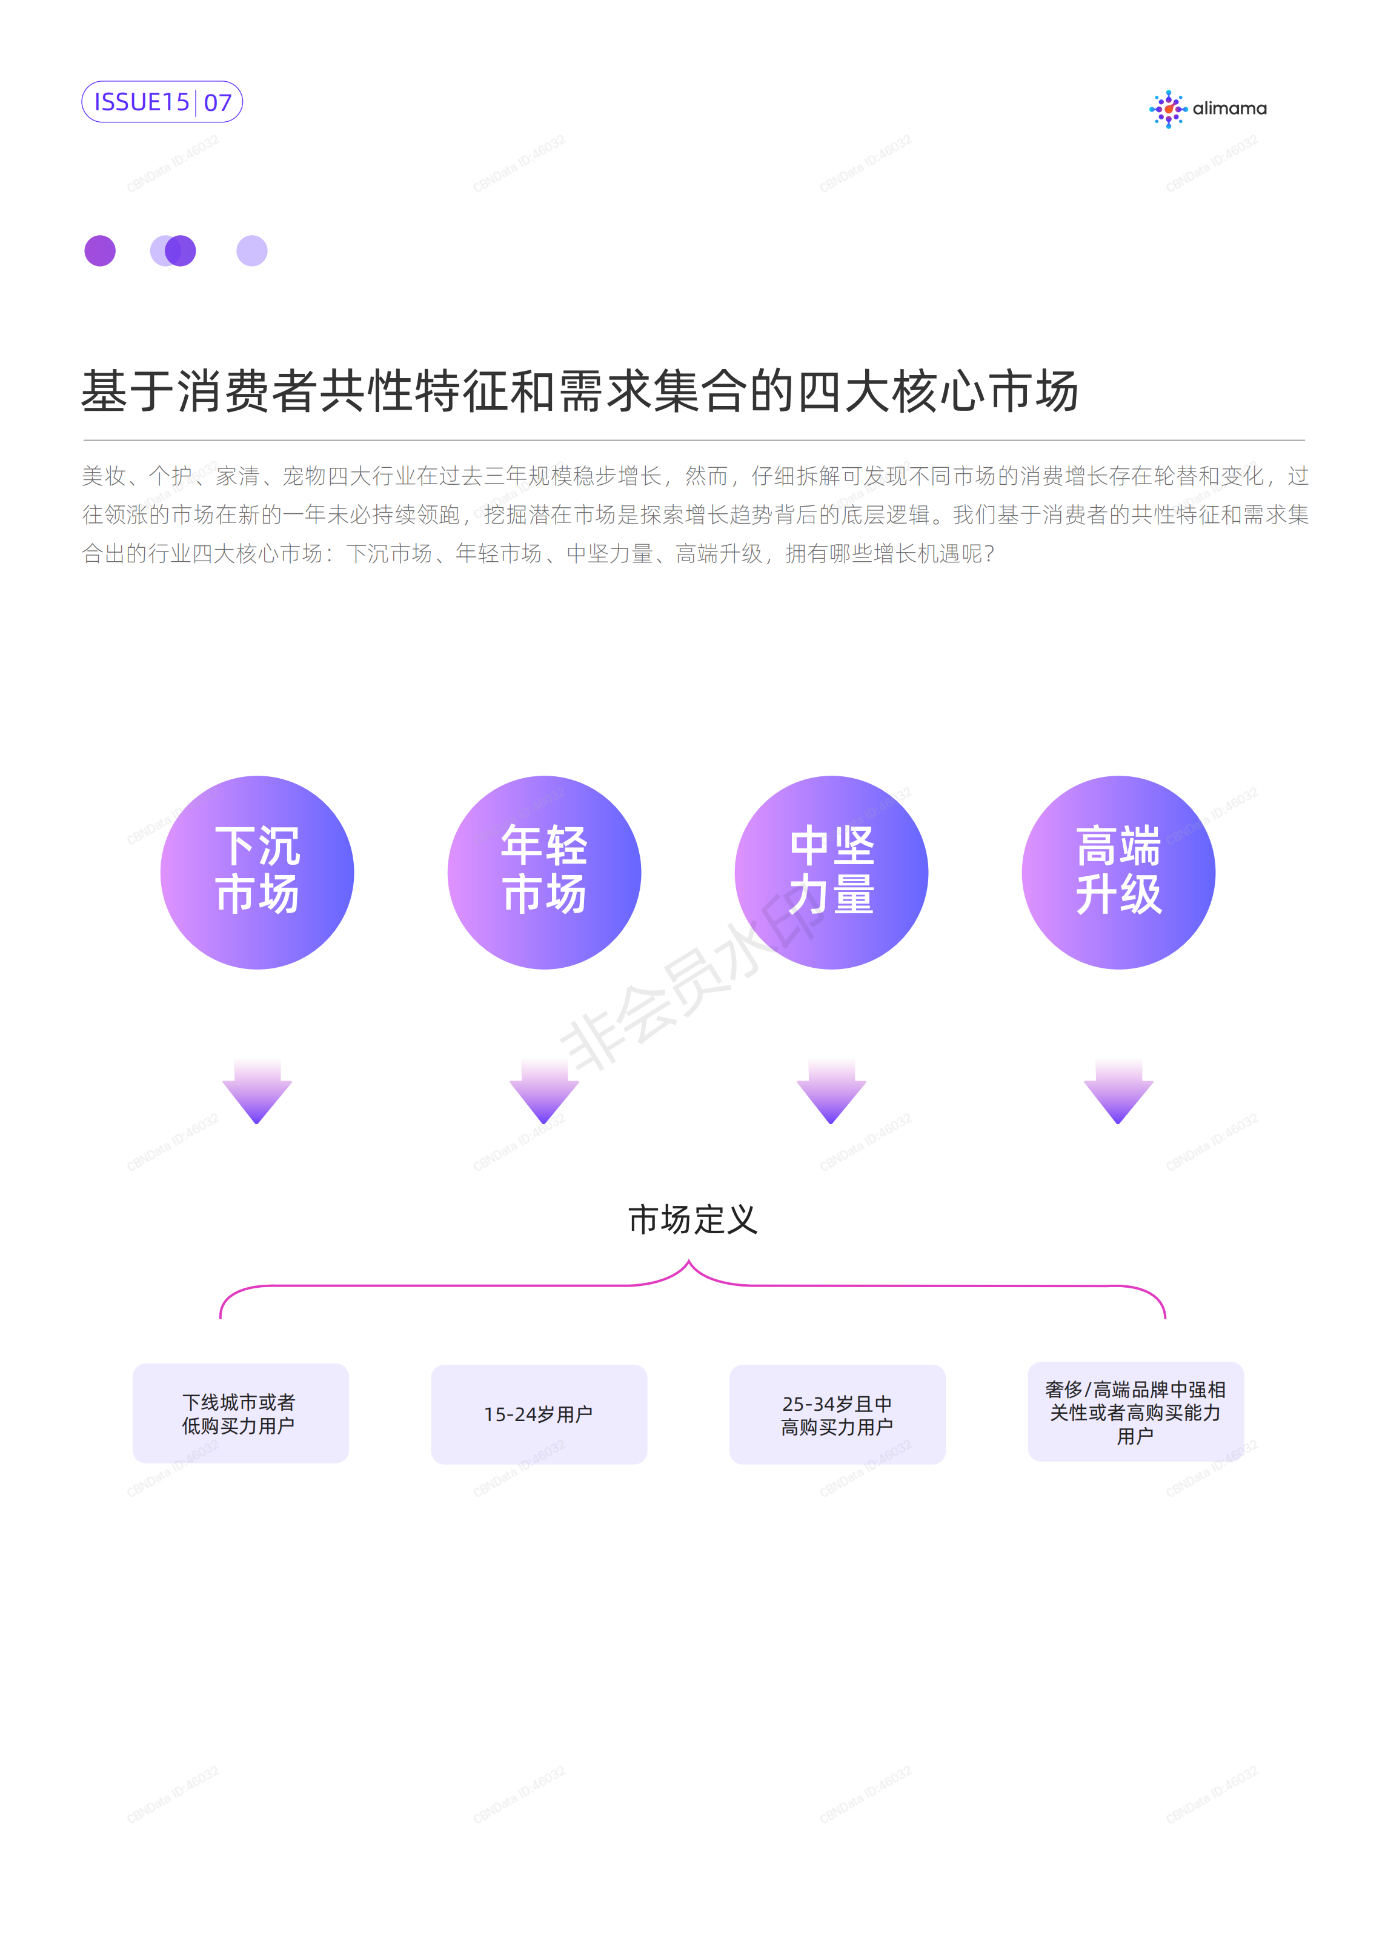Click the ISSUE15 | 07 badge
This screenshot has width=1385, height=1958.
(x=162, y=102)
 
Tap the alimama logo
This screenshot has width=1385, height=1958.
(x=1207, y=109)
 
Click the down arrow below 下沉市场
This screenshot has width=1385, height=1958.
(x=257, y=1091)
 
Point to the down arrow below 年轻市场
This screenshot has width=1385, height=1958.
(x=544, y=1091)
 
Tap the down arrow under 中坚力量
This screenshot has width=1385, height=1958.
(x=831, y=1091)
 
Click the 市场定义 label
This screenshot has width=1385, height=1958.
(x=692, y=1219)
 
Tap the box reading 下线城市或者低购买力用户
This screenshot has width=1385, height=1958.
(x=241, y=1413)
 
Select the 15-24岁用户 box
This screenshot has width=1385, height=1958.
(x=539, y=1414)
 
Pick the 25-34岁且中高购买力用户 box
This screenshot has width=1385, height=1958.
(x=837, y=1414)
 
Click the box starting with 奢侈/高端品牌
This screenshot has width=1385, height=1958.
(x=1136, y=1411)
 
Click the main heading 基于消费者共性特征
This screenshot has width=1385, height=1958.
(x=580, y=391)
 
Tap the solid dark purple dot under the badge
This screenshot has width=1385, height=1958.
(x=100, y=251)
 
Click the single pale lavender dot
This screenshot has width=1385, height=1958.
(x=251, y=251)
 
